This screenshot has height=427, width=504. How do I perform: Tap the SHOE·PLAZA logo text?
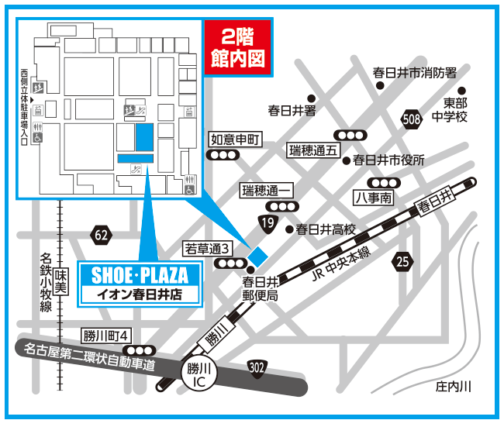pos(140,276)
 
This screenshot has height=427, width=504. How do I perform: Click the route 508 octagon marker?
pos(412,119)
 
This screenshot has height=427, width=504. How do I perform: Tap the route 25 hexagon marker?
pos(402,260)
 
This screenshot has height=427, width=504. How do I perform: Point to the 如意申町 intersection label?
pos(233,139)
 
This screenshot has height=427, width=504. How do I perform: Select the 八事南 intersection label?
pos(375,198)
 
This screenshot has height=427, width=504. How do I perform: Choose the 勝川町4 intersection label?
pos(109,336)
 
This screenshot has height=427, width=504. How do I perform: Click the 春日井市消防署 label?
pos(414,72)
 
